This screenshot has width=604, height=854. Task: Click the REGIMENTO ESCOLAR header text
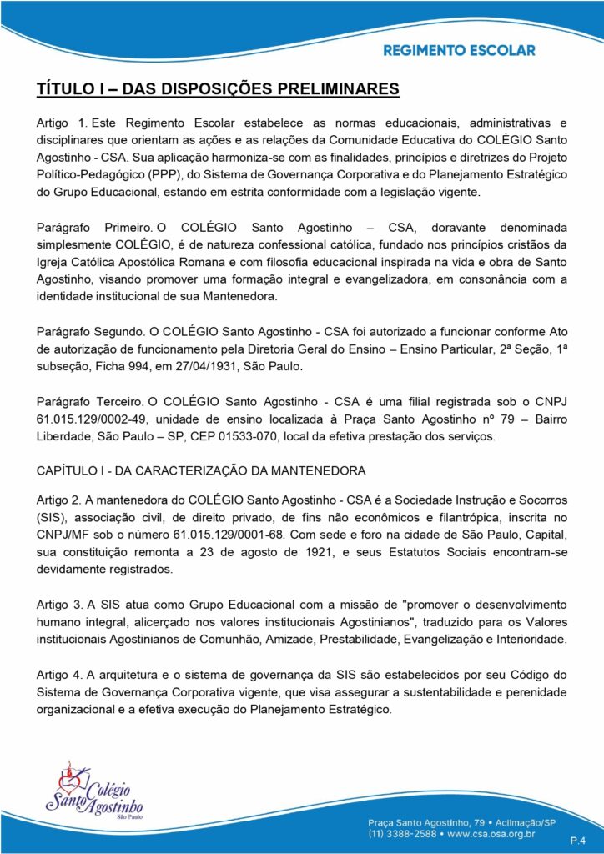pos(459,50)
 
